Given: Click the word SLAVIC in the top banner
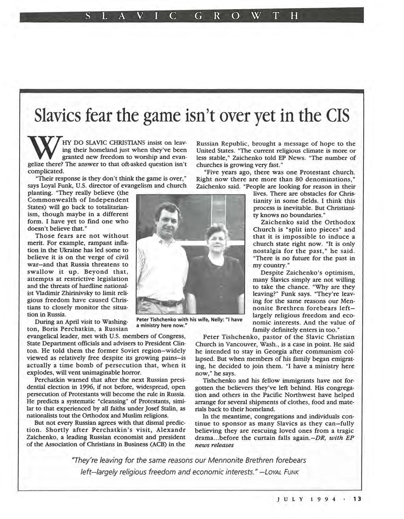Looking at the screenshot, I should pyautogui.click(x=131, y=15).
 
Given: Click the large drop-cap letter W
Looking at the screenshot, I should pyautogui.click(x=44, y=151).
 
